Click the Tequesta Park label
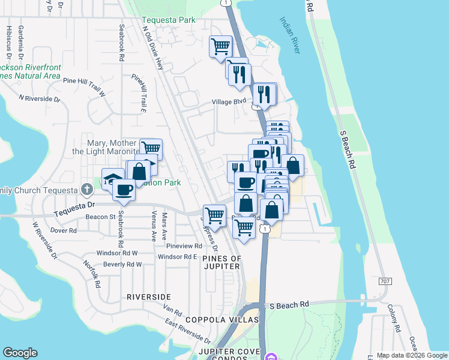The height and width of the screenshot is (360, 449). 169,20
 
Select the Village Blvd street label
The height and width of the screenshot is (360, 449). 229,102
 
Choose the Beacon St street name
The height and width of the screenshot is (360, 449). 100,217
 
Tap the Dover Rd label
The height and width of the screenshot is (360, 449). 64,230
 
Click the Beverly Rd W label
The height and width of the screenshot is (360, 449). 122,264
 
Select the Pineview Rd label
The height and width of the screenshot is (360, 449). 184,246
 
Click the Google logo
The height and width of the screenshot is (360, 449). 20,353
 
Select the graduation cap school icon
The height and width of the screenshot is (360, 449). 112,178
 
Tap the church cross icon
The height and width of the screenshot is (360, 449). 86,190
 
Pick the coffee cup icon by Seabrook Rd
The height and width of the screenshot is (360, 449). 124,189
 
